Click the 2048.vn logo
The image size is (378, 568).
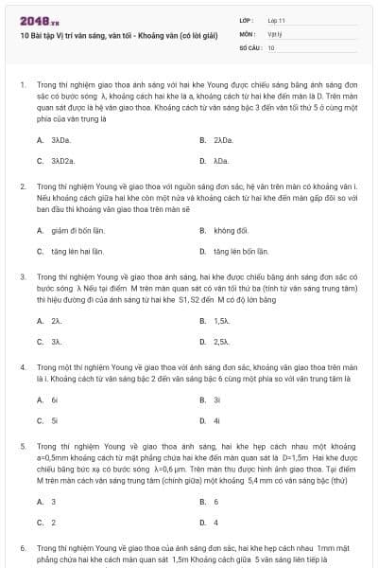38,20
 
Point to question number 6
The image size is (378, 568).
22,547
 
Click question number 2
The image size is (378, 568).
22,186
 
